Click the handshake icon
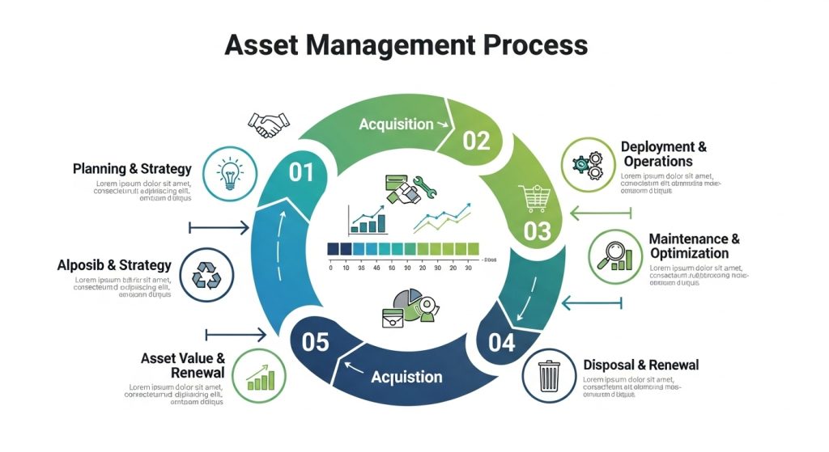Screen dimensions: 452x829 tap(269, 124)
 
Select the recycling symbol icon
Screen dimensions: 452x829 tap(206, 274)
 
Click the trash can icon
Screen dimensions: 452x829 tap(549, 375)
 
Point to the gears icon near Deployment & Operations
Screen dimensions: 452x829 tap(588, 165)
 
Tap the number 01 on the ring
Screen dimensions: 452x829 tap(300, 172)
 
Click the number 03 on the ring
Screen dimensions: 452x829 tap(537, 231)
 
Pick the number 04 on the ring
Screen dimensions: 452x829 tap(502, 343)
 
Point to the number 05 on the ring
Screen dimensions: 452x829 tap(316, 342)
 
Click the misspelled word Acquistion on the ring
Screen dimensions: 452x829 tap(406, 377)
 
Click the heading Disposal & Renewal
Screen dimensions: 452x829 tap(640, 365)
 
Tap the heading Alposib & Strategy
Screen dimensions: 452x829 tap(114, 265)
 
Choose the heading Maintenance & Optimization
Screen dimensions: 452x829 tap(694, 247)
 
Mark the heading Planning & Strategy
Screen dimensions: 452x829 tap(132, 169)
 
